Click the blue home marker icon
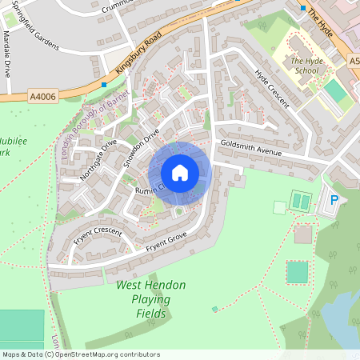(x=180, y=173)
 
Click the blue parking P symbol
(x=334, y=200)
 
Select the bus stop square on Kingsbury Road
(x=104, y=84)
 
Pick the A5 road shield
(x=354, y=60)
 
